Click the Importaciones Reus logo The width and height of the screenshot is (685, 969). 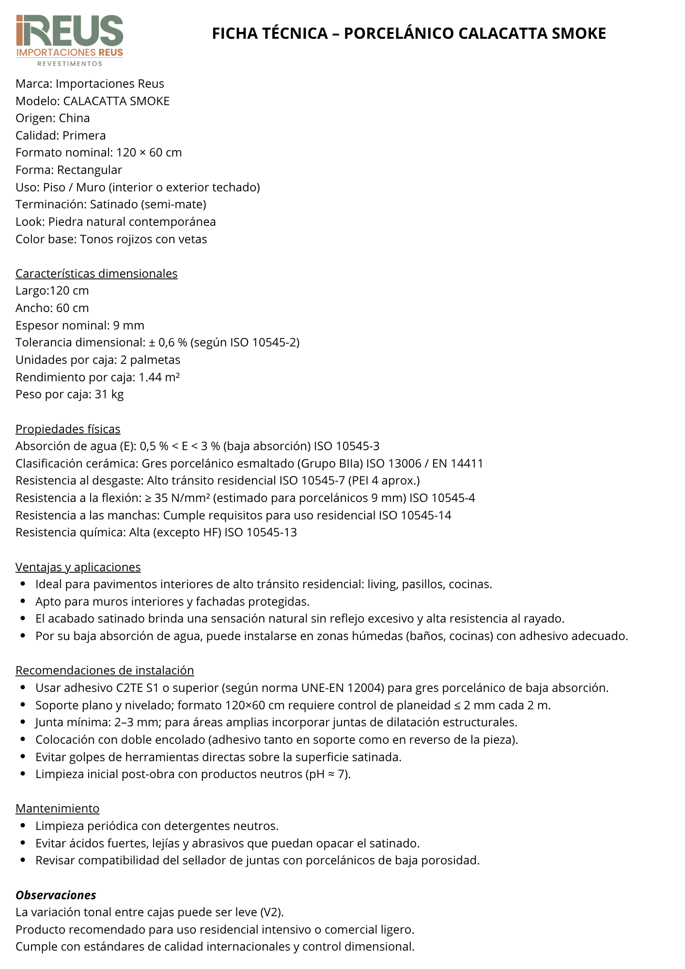(70, 40)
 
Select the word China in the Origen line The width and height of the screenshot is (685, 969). (74, 118)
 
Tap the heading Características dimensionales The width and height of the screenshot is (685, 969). (96, 274)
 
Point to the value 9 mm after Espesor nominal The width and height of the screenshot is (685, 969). (128, 326)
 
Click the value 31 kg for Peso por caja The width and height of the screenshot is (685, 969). (109, 394)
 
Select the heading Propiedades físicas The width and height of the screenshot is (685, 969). (68, 429)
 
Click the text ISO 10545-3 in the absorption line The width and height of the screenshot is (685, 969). (346, 446)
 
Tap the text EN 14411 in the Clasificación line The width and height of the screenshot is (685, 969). (458, 464)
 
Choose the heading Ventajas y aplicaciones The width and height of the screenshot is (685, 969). (78, 567)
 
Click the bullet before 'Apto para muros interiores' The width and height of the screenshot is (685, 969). (23, 602)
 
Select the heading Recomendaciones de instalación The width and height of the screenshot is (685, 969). (105, 671)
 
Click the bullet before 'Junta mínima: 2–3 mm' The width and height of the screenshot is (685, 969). (23, 722)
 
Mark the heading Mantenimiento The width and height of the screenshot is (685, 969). (57, 809)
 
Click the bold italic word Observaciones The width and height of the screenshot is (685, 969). (56, 895)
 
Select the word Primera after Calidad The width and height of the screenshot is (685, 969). (84, 136)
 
